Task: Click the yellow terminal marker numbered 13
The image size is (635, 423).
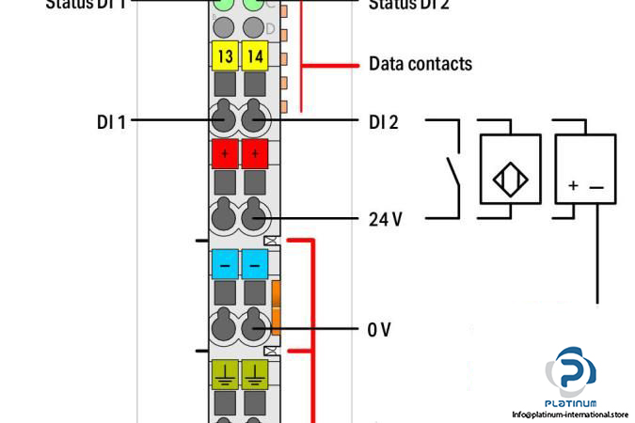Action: pos(225,56)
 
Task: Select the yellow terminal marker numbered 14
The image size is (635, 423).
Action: pos(255,56)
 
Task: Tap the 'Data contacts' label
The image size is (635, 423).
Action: pos(420,65)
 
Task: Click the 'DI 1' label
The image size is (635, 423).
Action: pos(111,121)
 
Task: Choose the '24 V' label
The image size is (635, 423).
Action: pos(385,220)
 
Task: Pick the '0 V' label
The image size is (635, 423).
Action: pos(379,329)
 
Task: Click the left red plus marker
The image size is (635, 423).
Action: pos(225,152)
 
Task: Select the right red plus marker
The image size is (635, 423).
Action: pos(255,152)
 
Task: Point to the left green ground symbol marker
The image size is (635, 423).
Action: pos(225,374)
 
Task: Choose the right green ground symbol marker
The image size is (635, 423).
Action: pos(255,374)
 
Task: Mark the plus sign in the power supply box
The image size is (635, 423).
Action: pos(573,186)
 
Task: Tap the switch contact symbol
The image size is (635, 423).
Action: pos(451,172)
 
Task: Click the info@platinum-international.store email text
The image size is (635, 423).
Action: pos(570,414)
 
